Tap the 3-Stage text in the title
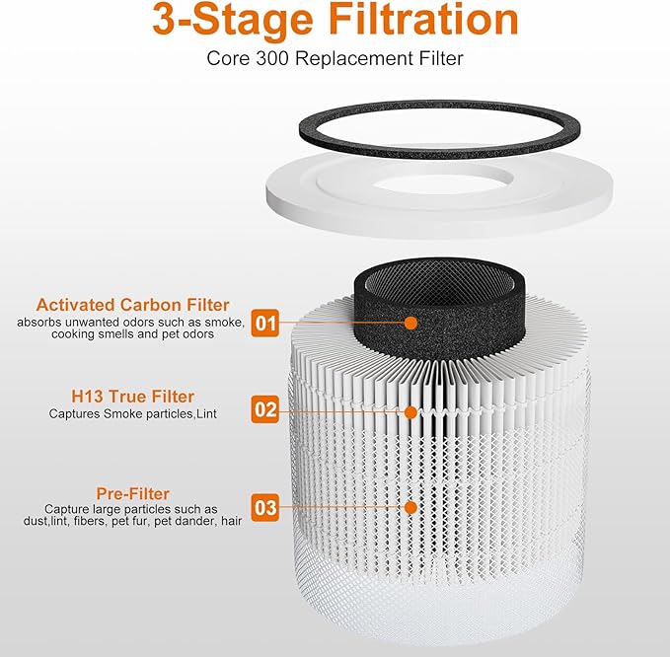pyautogui.click(x=217, y=21)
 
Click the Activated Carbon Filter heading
pyautogui.click(x=132, y=305)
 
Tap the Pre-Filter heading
pyautogui.click(x=132, y=492)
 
